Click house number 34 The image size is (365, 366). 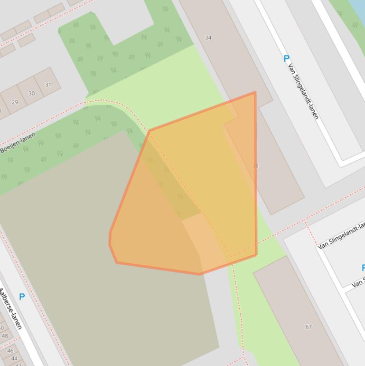(208, 38)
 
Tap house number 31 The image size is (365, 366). (48, 85)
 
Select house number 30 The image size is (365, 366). (31, 93)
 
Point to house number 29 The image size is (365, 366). (15, 102)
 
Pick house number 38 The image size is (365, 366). (255, 166)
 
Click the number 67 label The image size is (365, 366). (309, 327)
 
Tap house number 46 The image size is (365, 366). (10, 351)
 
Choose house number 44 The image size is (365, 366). (14, 359)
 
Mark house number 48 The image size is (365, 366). (5, 336)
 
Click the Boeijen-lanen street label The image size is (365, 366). (18, 143)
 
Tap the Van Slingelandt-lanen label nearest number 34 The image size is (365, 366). (303, 91)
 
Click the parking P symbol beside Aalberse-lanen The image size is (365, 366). (22, 297)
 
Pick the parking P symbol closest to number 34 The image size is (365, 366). (286, 58)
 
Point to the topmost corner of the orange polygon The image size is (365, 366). (255, 93)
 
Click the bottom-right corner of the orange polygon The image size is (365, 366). (256, 255)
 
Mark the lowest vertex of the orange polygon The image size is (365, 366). (200, 274)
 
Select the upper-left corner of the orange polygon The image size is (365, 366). (149, 131)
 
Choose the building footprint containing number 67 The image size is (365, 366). (299, 309)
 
